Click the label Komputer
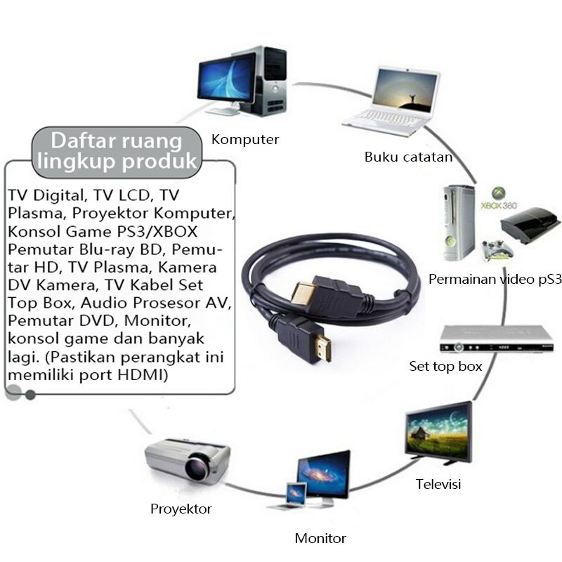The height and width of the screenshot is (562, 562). [245, 139]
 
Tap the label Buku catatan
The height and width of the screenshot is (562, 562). [408, 157]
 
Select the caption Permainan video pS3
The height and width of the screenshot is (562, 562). [496, 279]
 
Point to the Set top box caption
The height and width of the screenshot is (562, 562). [445, 366]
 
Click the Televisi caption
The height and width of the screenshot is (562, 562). [438, 484]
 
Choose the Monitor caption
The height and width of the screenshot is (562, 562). [320, 539]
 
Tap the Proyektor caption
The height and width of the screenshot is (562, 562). [181, 509]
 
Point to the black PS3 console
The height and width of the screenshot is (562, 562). [530, 224]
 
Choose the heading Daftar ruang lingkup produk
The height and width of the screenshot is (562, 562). [116, 150]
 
